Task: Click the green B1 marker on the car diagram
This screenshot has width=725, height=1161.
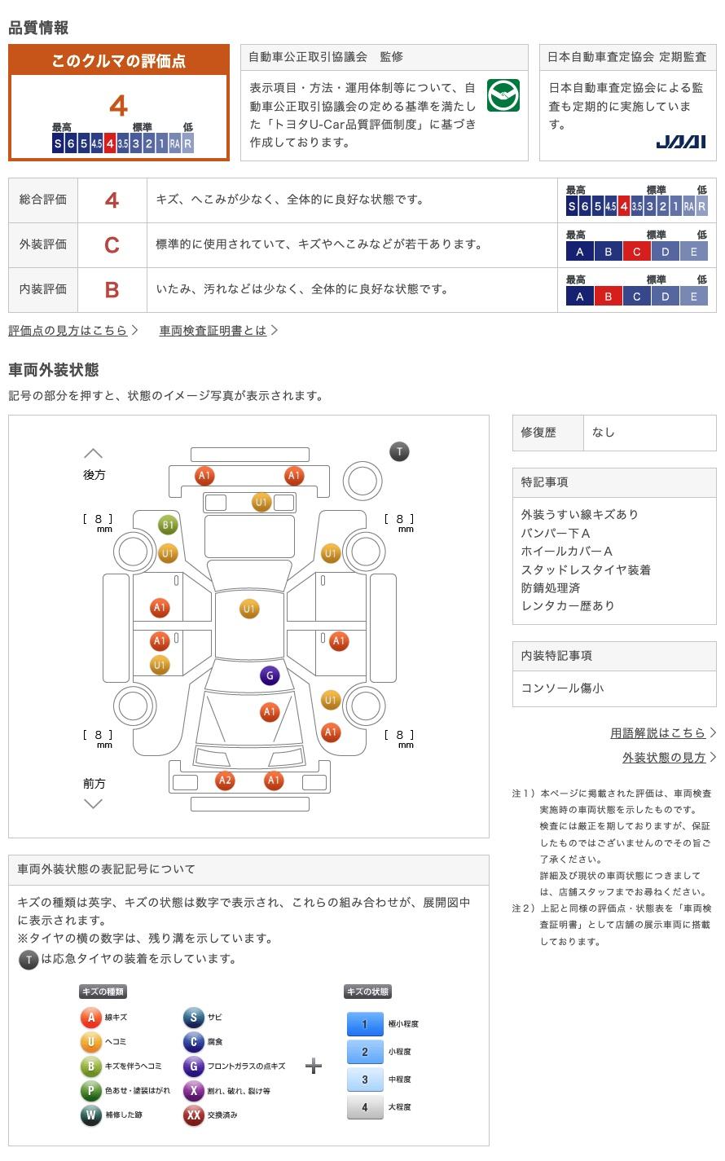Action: tap(168, 525)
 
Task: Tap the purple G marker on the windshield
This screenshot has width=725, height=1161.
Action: tap(270, 675)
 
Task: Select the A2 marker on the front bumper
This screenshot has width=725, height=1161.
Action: tap(225, 780)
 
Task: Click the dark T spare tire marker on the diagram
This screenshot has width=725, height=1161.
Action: tap(399, 451)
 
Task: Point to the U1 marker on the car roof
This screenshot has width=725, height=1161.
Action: tap(249, 609)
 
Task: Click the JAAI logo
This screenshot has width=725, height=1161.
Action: tap(680, 142)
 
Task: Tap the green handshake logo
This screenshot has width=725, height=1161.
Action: tap(503, 95)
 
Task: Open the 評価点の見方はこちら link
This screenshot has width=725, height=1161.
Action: tap(68, 330)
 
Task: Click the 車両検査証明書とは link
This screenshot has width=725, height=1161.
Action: tap(213, 330)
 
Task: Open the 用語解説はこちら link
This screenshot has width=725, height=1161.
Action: tap(657, 732)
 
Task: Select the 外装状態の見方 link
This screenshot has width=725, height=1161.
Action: tap(664, 757)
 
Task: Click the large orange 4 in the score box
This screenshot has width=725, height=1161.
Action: tap(119, 106)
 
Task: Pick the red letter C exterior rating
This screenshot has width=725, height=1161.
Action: tap(112, 244)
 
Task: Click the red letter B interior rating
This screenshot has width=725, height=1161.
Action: tap(112, 290)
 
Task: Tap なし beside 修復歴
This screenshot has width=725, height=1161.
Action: tap(604, 433)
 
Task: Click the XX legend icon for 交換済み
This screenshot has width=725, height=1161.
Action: tap(193, 1115)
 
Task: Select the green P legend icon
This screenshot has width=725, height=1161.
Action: tap(90, 1090)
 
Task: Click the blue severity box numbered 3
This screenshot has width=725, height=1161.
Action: tap(365, 1079)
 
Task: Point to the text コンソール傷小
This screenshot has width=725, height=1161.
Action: tap(562, 688)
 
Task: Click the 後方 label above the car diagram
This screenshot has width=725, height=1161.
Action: tap(94, 475)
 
